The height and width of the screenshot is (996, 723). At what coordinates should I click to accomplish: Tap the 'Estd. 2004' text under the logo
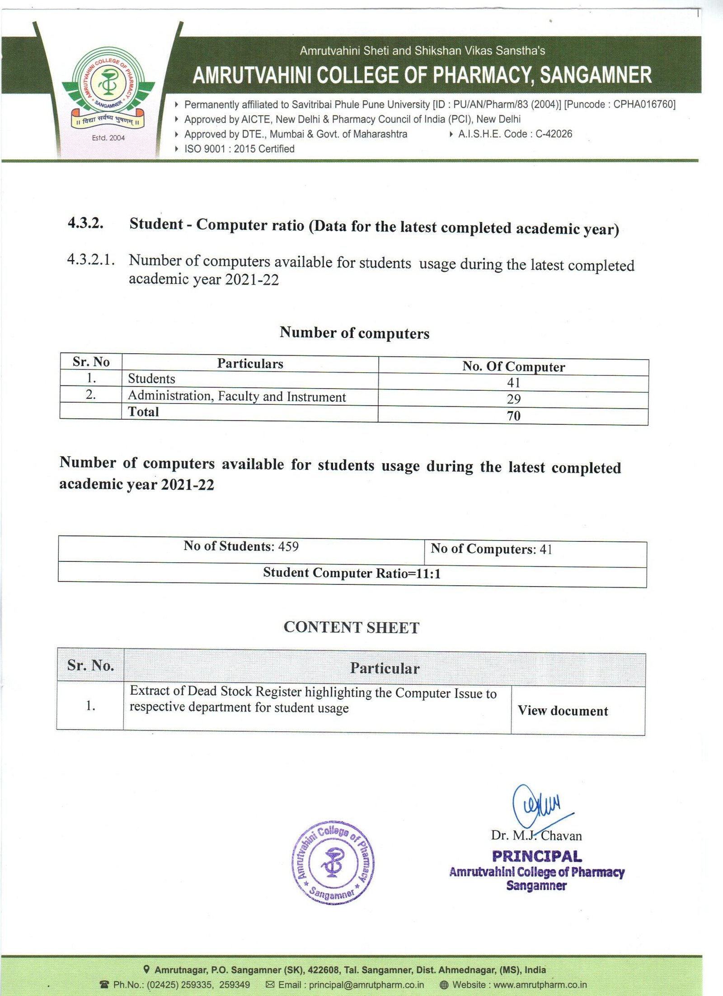coord(108,138)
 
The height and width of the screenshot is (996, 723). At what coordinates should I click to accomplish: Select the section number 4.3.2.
coord(85,223)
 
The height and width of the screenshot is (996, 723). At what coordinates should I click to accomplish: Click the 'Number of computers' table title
coord(354,333)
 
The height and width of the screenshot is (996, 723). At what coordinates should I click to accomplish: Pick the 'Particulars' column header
coord(250,364)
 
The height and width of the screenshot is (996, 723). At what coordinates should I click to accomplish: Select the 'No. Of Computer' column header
coord(513,366)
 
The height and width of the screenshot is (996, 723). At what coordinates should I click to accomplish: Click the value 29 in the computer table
coord(513,399)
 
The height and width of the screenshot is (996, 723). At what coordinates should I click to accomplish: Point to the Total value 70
coord(513,416)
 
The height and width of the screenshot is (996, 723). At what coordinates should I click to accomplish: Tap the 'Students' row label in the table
coord(151,379)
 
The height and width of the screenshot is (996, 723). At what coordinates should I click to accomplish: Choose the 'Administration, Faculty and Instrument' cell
coord(237,396)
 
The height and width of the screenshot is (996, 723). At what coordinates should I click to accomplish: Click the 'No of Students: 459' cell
coord(241,546)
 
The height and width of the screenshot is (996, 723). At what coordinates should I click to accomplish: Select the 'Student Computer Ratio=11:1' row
coord(352,574)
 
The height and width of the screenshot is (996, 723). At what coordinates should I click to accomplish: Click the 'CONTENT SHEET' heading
coord(352,627)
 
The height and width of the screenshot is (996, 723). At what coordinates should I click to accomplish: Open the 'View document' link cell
coord(563,711)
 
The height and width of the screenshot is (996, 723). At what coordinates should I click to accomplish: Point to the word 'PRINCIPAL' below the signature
coord(537,856)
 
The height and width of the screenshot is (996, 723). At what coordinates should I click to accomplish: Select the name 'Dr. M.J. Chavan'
coord(536,835)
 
